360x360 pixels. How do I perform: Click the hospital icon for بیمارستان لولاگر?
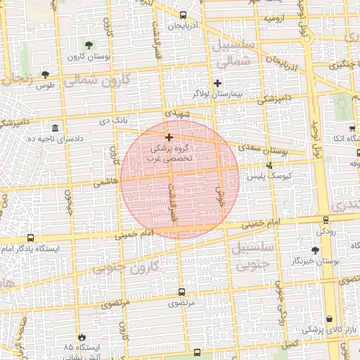pos(218,83)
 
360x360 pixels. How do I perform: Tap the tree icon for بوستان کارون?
pos(87,45)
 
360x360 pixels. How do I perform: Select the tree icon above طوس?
pos(46,73)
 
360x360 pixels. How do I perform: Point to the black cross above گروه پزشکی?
pos(169,136)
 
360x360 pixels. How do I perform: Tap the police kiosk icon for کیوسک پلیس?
pos(269,166)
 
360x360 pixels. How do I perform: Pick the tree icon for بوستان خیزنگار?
pos(314,249)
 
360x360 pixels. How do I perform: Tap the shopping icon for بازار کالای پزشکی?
pos(330,319)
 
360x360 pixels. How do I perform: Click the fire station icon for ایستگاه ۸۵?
pos(82,337)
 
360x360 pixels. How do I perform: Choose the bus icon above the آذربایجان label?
pos(184,14)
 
